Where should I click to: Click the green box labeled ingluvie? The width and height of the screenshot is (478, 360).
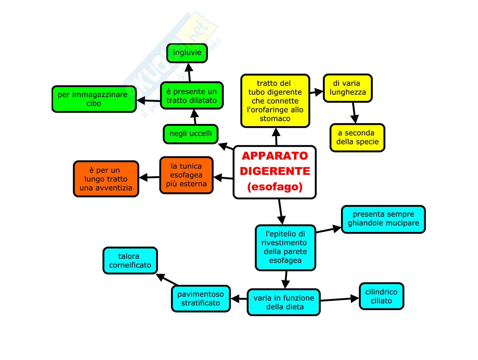tap(187, 53)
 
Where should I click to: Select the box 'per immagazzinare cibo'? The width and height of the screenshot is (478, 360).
tap(94, 99)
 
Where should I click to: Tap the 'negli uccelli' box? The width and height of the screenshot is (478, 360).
tap(191, 134)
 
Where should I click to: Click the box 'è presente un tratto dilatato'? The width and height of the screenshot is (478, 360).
tap(192, 96)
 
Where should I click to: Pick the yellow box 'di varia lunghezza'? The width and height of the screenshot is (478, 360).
tap(348, 88)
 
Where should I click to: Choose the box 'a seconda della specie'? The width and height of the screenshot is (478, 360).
tap(357, 137)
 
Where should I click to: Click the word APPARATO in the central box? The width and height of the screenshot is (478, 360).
tap(275, 156)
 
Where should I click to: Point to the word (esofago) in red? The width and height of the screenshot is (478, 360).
tap(275, 187)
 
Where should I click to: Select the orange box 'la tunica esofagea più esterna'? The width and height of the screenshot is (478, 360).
tap(186, 175)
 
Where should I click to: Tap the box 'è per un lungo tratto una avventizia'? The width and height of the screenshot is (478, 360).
tap(106, 179)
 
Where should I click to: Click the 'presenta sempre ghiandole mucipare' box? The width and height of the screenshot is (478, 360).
tap(383, 219)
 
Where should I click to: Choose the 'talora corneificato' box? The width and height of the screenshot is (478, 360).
tap(130, 261)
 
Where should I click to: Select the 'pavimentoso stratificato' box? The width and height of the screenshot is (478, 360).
tap(201, 298)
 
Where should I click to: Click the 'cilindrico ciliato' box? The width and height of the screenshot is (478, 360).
tap(381, 296)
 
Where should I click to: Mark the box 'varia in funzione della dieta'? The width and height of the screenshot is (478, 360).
tap(284, 302)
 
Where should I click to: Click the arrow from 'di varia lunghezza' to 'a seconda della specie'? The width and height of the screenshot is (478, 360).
tap(354, 113)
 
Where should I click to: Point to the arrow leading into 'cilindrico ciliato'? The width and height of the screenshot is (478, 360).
tap(340, 299)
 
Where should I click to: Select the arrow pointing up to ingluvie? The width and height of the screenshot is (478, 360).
tap(189, 73)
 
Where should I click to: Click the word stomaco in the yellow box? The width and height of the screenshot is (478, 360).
tap(275, 119)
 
